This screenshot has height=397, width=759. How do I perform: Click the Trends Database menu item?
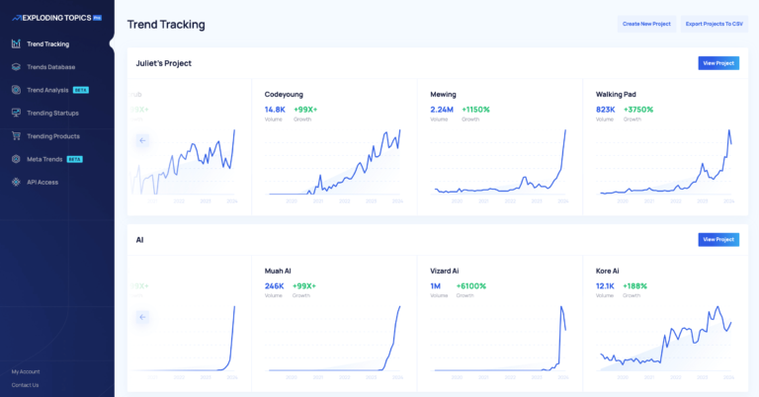point(50,67)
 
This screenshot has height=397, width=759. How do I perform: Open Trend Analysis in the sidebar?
point(47,90)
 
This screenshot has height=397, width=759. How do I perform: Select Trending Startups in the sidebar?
point(52,113)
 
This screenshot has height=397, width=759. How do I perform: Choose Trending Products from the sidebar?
point(53,136)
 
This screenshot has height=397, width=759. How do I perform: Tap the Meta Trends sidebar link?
point(45,159)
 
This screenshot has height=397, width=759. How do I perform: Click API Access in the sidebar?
point(42,182)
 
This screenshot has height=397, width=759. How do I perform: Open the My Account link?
point(26,371)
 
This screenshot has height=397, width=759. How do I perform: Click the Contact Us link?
point(25,385)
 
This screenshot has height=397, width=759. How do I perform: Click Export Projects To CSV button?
point(713,23)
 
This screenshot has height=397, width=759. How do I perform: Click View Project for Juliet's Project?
point(717,63)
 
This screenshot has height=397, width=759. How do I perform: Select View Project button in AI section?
point(717,239)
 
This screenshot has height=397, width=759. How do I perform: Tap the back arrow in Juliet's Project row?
point(142,140)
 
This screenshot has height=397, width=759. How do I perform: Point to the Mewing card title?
point(443,94)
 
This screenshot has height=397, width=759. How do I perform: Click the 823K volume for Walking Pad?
point(605,110)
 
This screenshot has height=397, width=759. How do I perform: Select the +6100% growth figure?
point(471,286)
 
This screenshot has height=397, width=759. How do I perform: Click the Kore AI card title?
point(607,271)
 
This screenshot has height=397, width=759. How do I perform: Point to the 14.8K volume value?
point(275,110)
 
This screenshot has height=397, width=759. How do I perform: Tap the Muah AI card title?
point(278,271)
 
